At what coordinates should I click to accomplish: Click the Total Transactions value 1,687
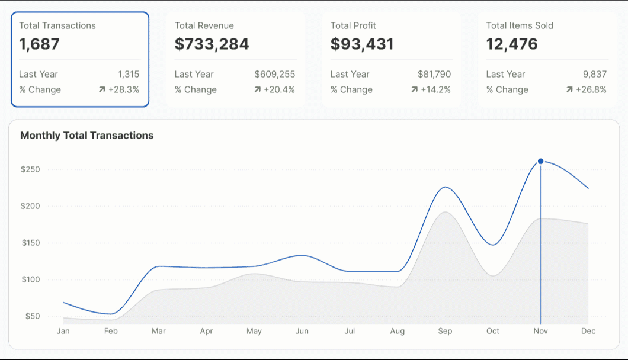tap(39, 44)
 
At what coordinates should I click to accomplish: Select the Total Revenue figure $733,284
tap(212, 44)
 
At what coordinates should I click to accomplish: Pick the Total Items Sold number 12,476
tap(512, 44)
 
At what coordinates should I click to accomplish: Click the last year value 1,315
tap(129, 75)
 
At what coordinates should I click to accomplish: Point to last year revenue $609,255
tap(274, 75)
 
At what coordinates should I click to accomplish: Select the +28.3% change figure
tap(123, 90)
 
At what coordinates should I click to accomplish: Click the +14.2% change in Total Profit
tap(435, 90)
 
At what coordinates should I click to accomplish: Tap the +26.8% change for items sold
tap(591, 90)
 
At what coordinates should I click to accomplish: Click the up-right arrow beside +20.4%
tap(257, 90)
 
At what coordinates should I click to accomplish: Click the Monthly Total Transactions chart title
tap(86, 136)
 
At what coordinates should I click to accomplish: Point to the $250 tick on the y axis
tap(30, 170)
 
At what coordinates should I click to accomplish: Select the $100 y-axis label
tap(30, 280)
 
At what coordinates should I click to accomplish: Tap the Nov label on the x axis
tap(540, 332)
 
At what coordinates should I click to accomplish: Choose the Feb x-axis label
tap(111, 332)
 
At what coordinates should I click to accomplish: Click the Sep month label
tap(445, 332)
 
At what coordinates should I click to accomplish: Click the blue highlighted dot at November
tap(540, 161)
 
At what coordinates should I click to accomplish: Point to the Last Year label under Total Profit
tap(349, 75)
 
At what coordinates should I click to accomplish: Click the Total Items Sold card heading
tap(520, 26)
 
